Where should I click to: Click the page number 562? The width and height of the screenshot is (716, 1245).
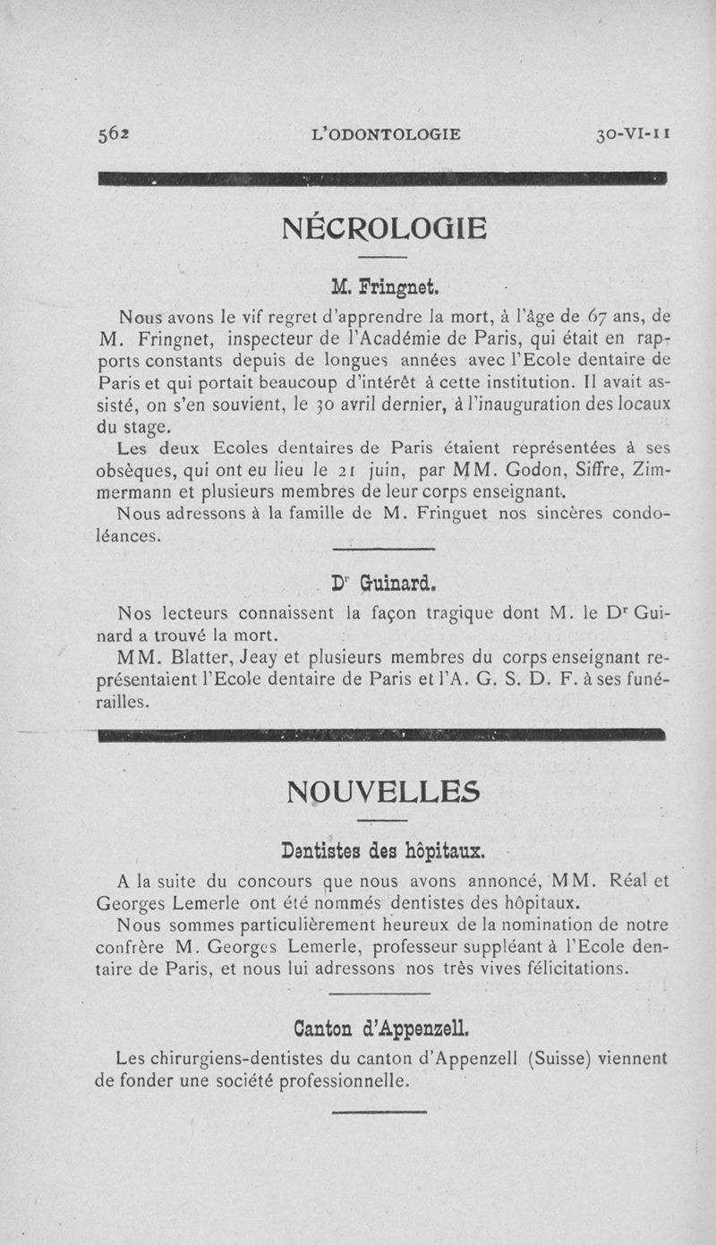[x=114, y=134]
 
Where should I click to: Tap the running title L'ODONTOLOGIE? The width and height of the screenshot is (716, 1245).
[x=385, y=134]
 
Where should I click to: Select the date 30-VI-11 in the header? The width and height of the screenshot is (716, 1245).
[x=633, y=134]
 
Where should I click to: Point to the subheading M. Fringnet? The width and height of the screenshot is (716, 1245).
[x=384, y=288]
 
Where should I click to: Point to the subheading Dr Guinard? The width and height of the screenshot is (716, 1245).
[x=383, y=584]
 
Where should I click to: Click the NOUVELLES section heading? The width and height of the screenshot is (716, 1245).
[x=383, y=791]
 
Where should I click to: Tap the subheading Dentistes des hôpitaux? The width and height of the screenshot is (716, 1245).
[x=383, y=848]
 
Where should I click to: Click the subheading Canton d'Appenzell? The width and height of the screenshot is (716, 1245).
[x=382, y=1026]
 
